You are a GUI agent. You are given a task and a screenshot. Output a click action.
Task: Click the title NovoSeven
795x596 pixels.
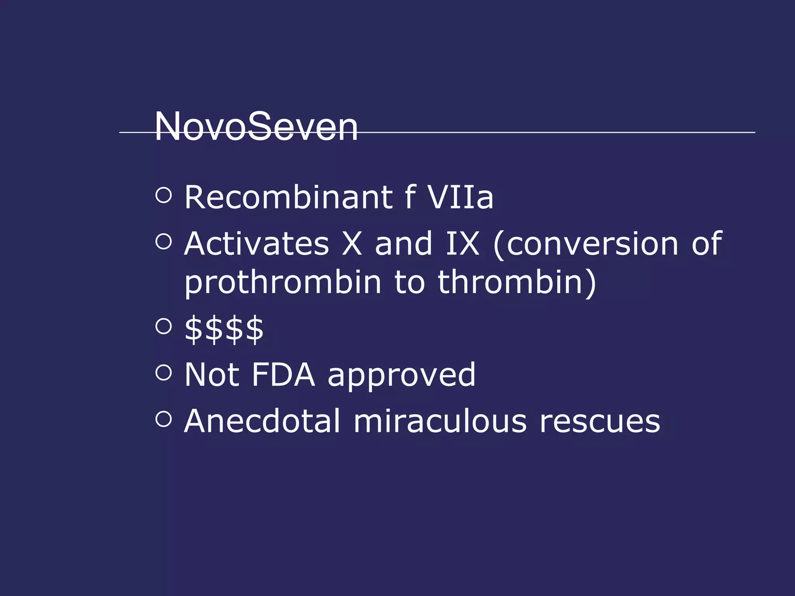pos(256,126)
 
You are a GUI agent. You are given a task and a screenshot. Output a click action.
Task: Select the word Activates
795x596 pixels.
pos(257,244)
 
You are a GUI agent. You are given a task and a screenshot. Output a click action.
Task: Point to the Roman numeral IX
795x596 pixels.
pos(462,244)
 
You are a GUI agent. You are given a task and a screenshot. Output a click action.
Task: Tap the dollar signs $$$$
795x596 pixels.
pos(224,329)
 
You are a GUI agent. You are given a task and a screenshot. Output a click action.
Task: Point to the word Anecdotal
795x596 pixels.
pos(262,421)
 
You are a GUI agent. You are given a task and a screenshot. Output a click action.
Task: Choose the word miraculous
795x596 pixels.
pos(440,421)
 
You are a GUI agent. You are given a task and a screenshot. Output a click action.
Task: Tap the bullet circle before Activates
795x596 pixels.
pos(163,241)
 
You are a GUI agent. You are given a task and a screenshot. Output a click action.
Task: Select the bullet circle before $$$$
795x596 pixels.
pos(163,326)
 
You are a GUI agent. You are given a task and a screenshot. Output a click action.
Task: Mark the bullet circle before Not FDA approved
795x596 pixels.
pos(163,372)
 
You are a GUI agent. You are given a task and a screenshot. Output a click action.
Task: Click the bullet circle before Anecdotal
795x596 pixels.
pos(163,419)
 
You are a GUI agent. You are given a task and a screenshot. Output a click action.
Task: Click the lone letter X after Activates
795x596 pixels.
pos(352,244)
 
